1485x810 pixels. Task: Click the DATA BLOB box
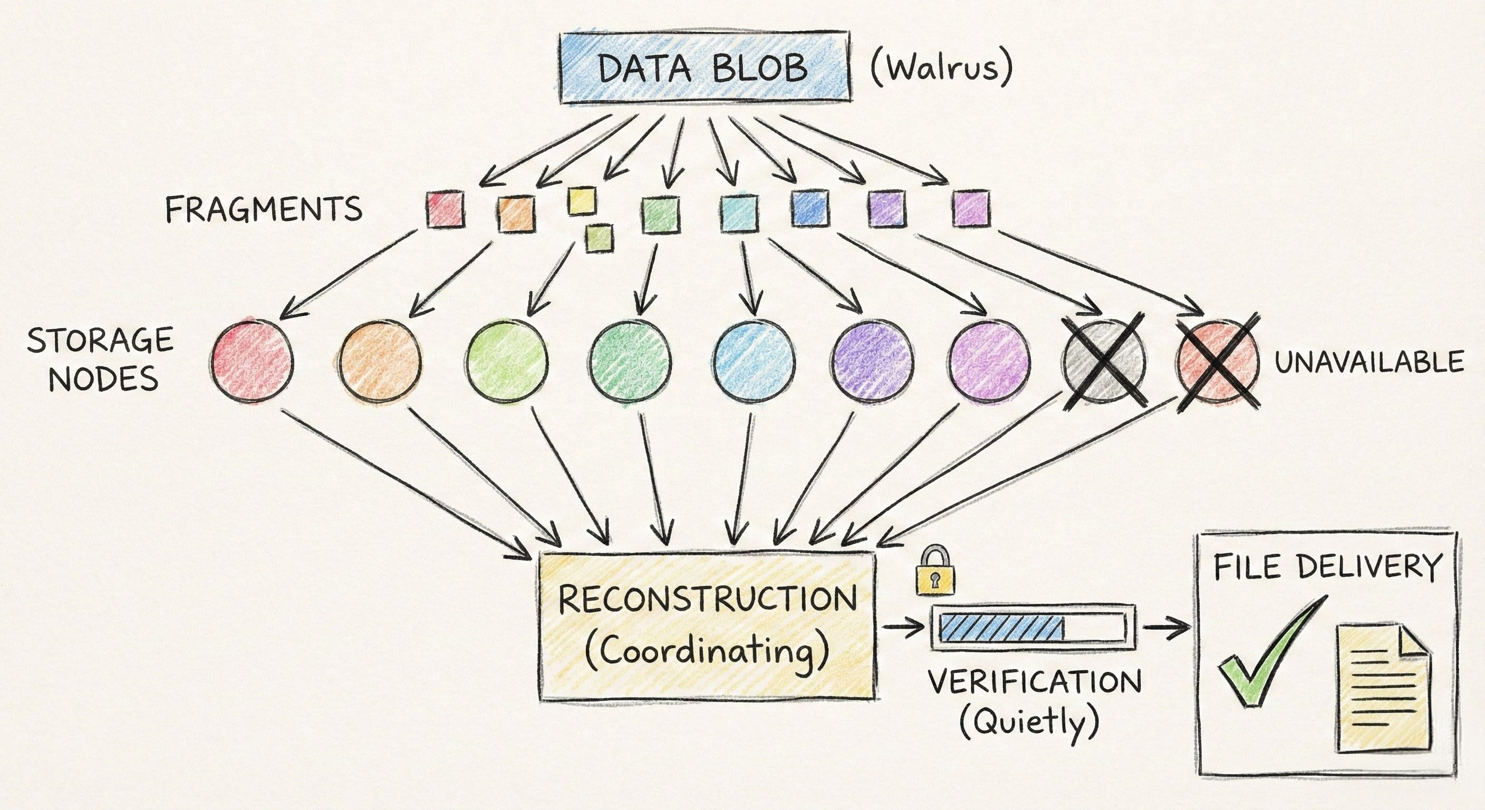(705, 68)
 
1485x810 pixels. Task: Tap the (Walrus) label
(941, 68)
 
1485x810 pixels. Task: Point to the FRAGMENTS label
(264, 209)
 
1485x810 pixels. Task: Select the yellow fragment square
(581, 200)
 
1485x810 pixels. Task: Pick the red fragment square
(445, 209)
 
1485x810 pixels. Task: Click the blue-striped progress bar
(1033, 627)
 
